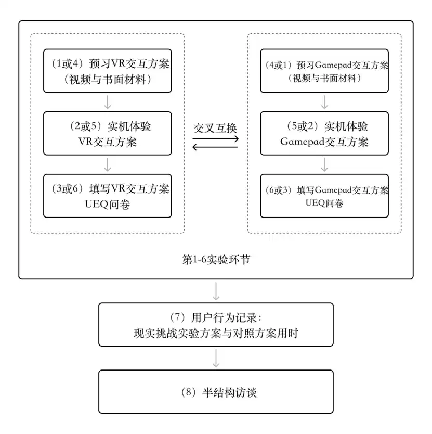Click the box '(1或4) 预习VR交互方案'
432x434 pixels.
[x=107, y=71]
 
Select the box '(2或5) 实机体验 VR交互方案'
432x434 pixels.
[x=107, y=133]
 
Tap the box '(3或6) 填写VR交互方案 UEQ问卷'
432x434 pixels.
[x=107, y=196]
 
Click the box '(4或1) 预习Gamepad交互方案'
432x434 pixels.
[x=324, y=71]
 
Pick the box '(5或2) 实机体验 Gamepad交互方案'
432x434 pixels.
[x=324, y=133]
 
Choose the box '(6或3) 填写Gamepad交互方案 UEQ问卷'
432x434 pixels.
[x=324, y=196]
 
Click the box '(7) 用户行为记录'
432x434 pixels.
[x=216, y=325]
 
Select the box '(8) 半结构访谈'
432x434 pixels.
[x=216, y=392]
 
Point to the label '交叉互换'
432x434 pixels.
[x=215, y=129]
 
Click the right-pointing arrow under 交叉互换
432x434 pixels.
[x=215, y=138]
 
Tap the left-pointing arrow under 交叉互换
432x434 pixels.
[x=215, y=147]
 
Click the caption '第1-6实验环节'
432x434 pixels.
[x=216, y=260]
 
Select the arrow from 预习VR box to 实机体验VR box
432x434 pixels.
[x=107, y=102]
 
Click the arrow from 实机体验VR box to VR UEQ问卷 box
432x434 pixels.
[x=107, y=164]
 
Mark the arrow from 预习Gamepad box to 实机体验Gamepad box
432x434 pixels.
[x=324, y=102]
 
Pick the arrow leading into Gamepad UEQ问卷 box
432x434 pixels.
[x=324, y=164]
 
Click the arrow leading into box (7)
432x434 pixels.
[x=216, y=291]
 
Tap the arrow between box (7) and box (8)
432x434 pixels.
[x=216, y=358]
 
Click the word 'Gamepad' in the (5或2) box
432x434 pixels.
[x=302, y=142]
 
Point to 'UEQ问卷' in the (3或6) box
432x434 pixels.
[x=107, y=205]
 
